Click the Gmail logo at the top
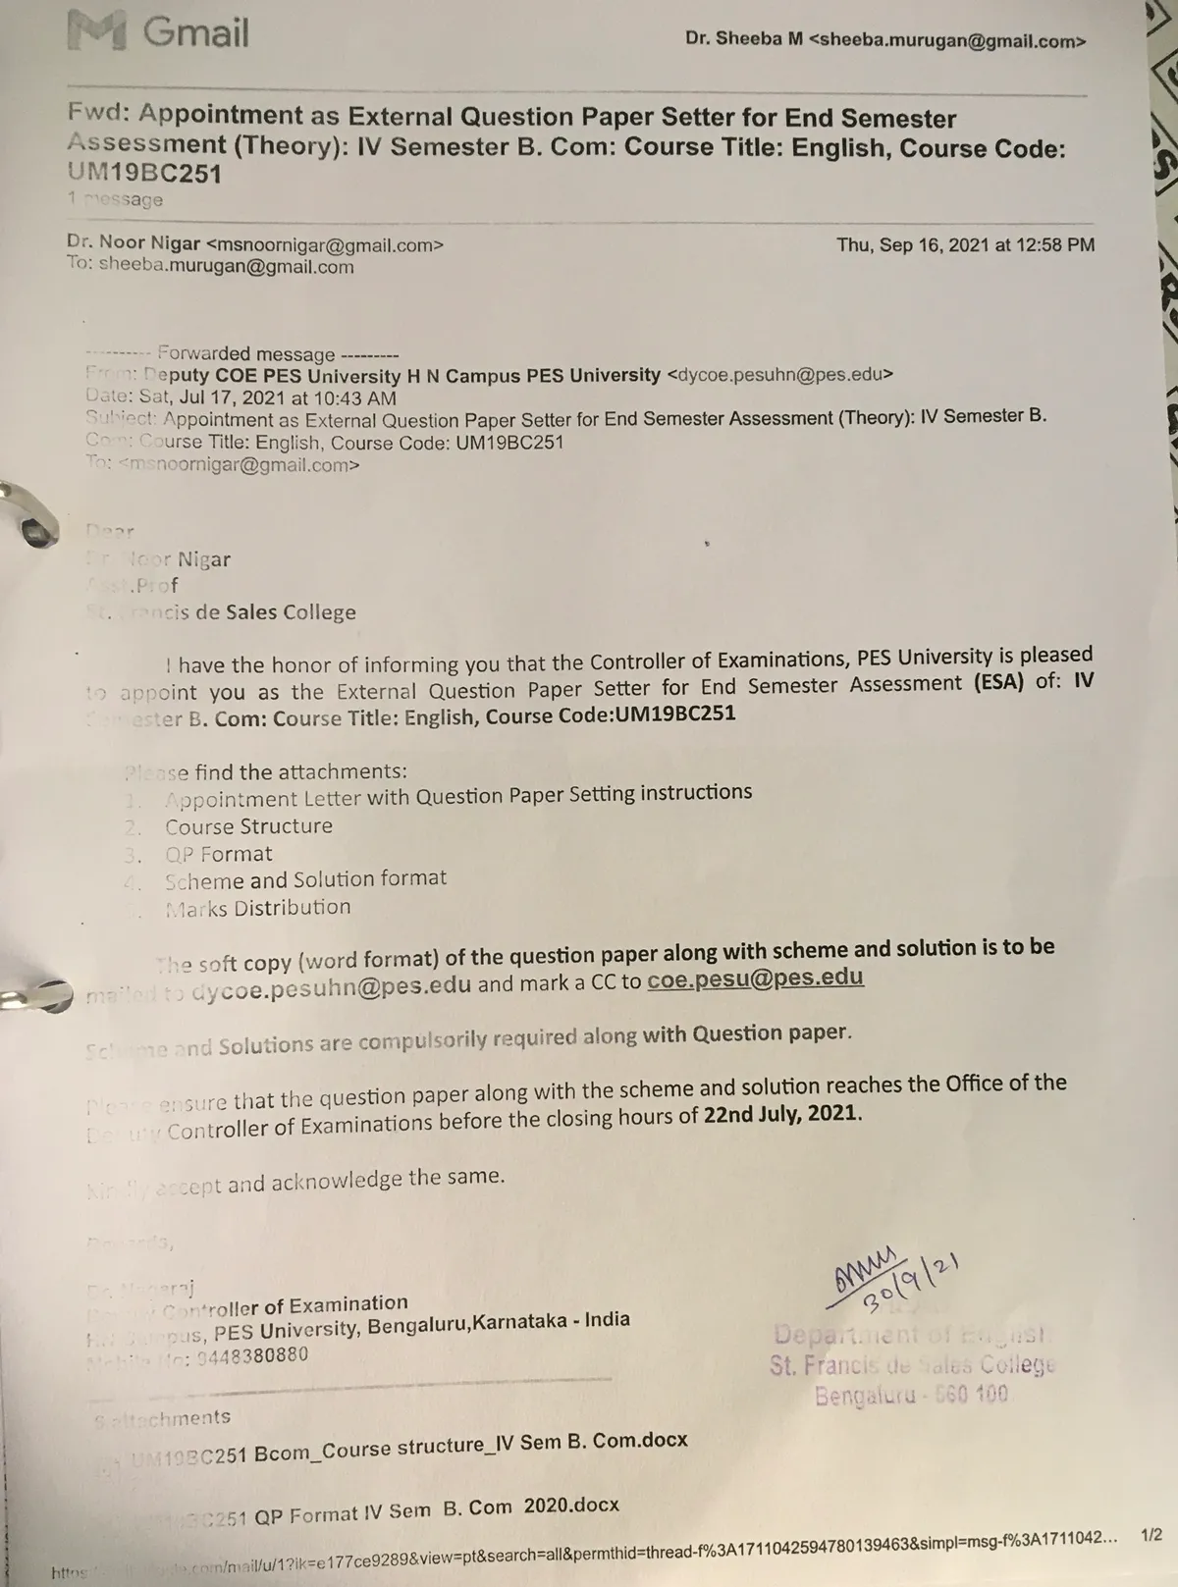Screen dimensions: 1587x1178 (158, 32)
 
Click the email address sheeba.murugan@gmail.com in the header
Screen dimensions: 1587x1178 (948, 40)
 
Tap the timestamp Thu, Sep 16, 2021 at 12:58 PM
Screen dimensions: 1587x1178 (965, 245)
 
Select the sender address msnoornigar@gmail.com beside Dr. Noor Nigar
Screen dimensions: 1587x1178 (325, 245)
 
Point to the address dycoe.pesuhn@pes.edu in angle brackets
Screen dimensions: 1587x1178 (779, 374)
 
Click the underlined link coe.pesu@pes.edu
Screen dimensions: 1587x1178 (755, 979)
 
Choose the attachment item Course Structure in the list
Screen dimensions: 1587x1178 (248, 826)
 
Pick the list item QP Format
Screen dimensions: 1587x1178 (218, 854)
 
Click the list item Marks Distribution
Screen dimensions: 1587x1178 (257, 908)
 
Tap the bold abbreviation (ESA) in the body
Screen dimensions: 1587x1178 (1000, 682)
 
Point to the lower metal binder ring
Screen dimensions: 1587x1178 (34, 997)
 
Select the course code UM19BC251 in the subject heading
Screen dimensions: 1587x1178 (144, 174)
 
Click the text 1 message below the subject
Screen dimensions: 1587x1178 (115, 200)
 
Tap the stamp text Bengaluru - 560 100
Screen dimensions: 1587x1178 (911, 1395)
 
